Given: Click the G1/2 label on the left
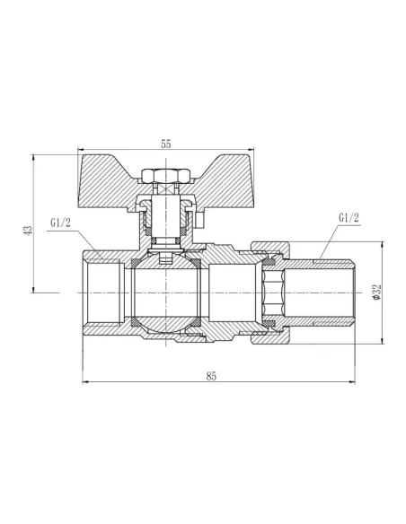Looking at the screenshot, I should pyautogui.click(x=62, y=222).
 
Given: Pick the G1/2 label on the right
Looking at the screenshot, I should pyautogui.click(x=349, y=218).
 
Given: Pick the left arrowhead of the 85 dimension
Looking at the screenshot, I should pyautogui.click(x=86, y=383).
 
